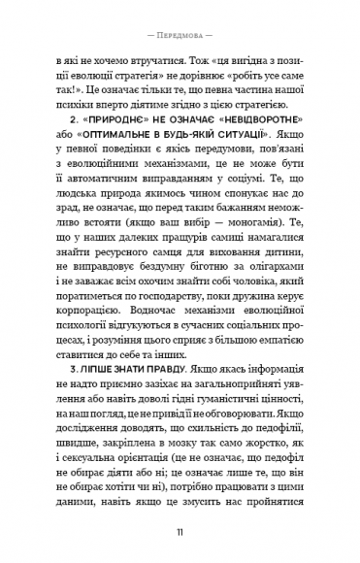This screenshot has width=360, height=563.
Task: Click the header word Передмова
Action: (x=180, y=18)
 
